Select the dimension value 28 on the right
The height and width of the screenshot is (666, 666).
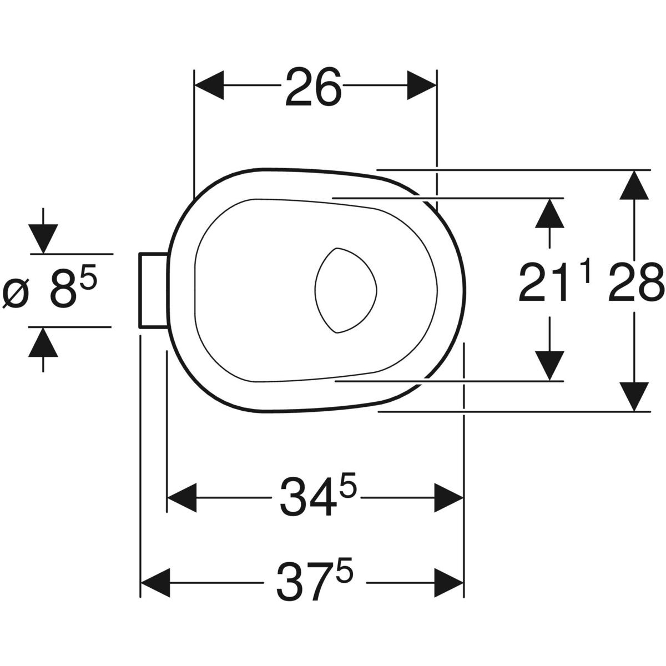click(x=635, y=282)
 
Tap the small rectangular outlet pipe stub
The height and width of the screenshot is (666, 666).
click(x=153, y=290)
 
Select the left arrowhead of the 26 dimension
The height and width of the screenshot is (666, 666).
click(x=209, y=85)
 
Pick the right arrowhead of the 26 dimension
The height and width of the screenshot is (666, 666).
click(x=422, y=85)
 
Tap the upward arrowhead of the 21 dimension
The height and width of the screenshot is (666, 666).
click(x=550, y=213)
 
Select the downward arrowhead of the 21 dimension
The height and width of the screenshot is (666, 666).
click(x=550, y=366)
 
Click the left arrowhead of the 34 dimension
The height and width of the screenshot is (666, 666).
click(x=182, y=497)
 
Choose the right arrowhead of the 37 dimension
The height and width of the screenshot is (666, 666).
click(x=448, y=582)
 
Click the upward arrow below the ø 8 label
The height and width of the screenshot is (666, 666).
click(x=44, y=342)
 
